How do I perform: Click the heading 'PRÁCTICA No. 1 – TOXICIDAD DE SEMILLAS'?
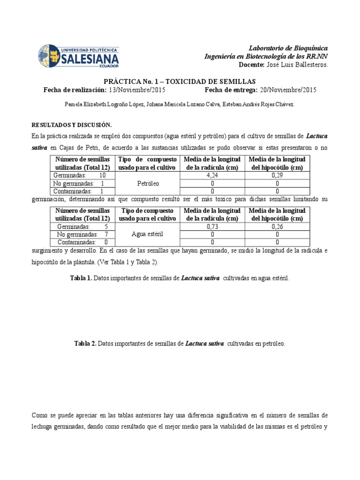[x=180, y=81]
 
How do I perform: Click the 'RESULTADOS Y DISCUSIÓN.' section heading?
[x=71, y=125]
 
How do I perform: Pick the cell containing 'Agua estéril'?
[x=147, y=234]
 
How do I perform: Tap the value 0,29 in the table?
[x=277, y=175]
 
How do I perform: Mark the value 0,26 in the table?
[x=277, y=226]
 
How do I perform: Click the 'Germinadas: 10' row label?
[x=80, y=175]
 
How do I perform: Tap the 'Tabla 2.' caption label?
[x=85, y=344]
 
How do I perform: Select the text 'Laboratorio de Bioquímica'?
[x=288, y=48]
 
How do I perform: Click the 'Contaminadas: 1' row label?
[x=80, y=191]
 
